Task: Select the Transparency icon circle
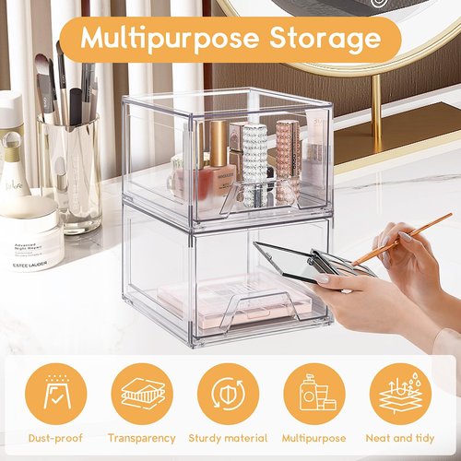point(141,393)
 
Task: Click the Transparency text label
point(141,438)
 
